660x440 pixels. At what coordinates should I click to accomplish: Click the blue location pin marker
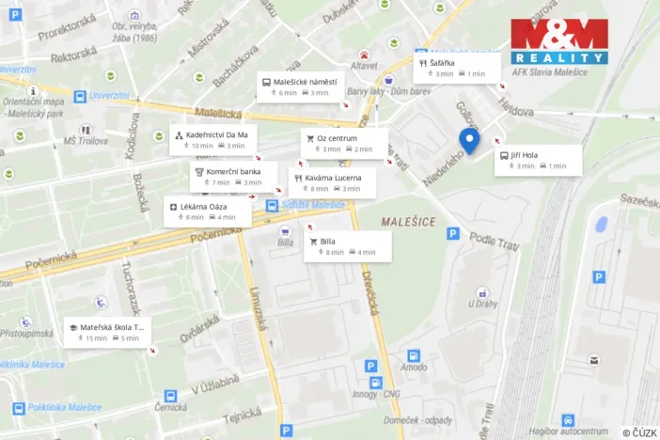tap(469, 141)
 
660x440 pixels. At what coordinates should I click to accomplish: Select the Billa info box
tap(348, 246)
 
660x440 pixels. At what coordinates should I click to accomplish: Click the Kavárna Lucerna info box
tap(332, 182)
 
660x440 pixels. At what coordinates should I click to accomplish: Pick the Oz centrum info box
tap(343, 143)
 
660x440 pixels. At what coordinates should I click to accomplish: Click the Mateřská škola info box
tap(107, 332)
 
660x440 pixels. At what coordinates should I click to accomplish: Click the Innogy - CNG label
tap(376, 395)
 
